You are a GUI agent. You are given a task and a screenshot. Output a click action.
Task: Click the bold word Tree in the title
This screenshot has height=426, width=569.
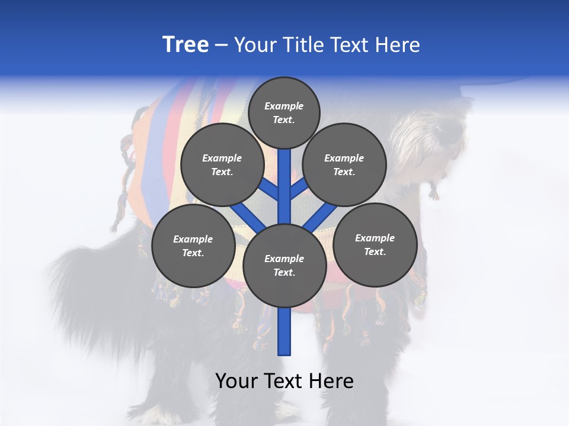(x=186, y=44)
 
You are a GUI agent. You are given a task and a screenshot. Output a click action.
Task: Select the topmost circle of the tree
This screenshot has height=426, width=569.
(x=284, y=112)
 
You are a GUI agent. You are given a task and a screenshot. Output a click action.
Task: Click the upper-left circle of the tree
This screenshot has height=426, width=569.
(x=222, y=165)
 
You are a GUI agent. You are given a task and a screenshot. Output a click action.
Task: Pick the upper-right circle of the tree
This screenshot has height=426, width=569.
(x=344, y=165)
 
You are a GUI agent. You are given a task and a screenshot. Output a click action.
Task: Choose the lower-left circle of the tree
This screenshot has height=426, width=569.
(x=193, y=246)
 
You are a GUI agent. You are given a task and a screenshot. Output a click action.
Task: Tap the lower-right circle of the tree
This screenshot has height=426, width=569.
(x=375, y=244)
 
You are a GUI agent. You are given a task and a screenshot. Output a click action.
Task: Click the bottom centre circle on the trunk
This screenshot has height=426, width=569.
(x=284, y=266)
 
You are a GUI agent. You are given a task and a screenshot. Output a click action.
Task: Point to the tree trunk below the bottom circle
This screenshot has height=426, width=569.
(x=284, y=331)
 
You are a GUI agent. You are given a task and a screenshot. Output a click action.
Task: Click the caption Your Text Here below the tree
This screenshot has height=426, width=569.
(x=284, y=381)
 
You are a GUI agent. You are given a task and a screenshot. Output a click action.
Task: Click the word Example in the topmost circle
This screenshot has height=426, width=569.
(x=284, y=106)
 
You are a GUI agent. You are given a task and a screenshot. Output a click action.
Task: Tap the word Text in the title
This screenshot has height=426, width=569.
(x=350, y=44)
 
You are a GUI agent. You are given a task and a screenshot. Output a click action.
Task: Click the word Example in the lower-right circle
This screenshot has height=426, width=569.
(x=375, y=238)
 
